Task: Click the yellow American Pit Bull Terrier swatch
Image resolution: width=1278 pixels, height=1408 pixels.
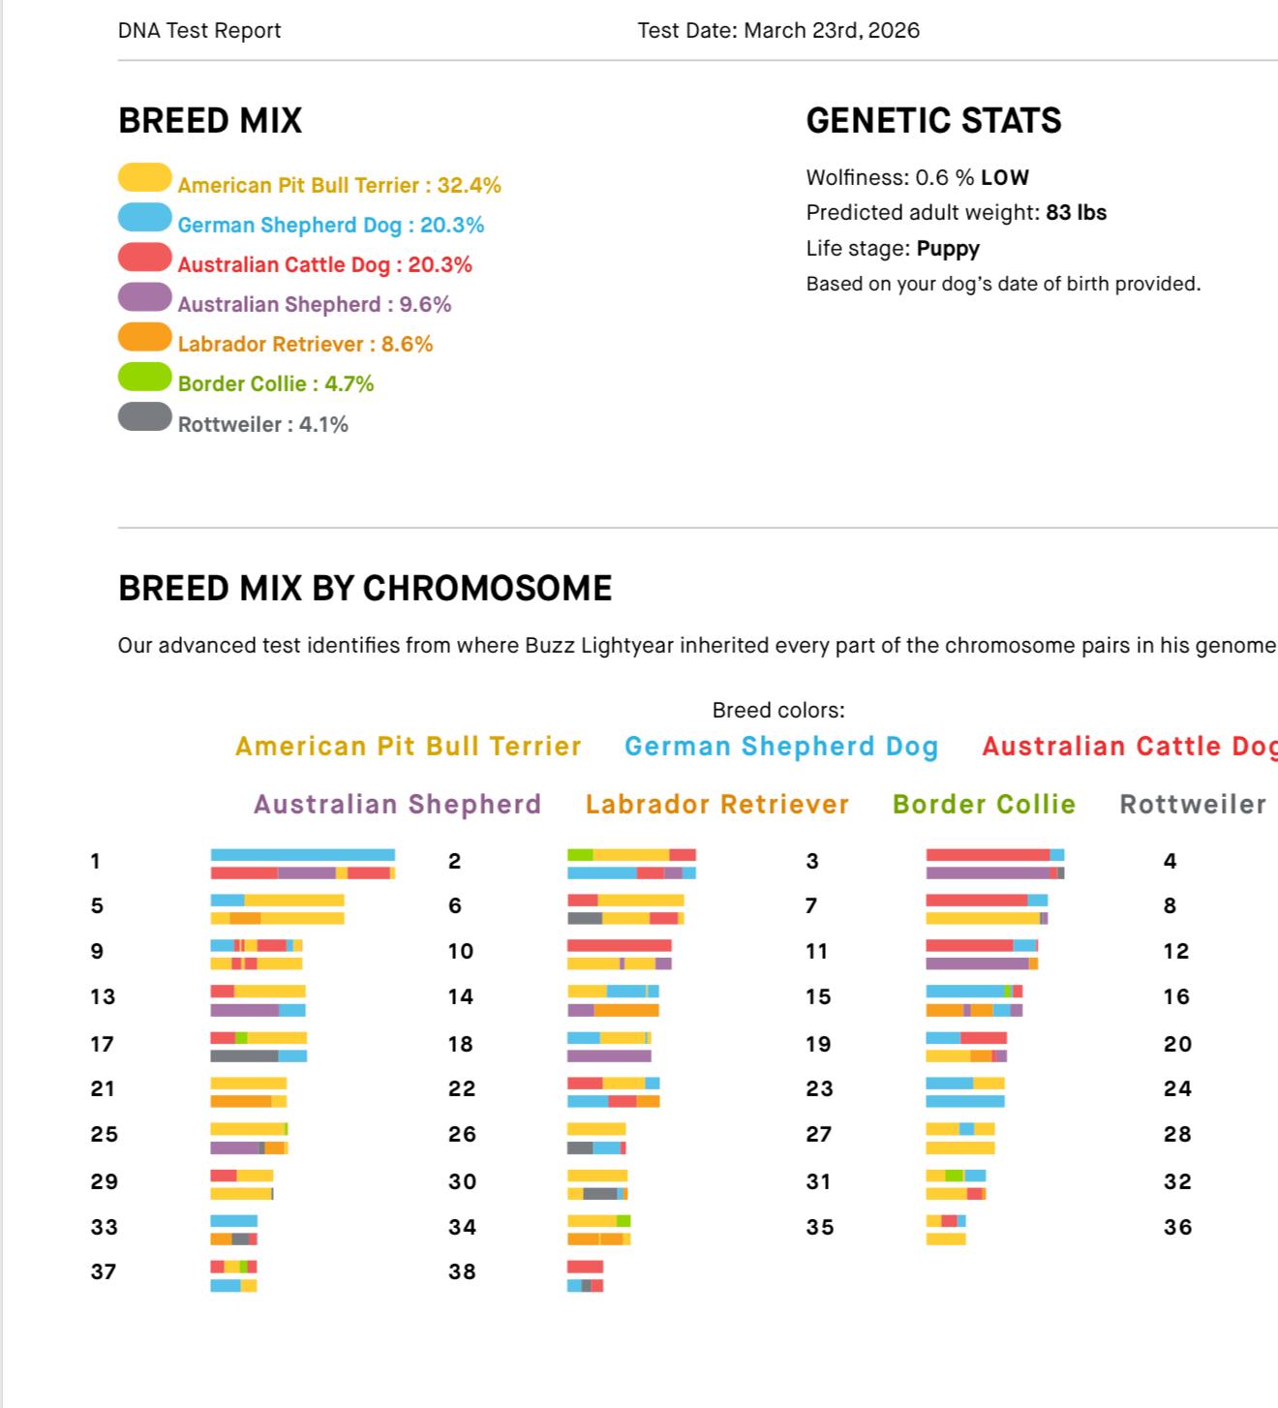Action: (x=144, y=177)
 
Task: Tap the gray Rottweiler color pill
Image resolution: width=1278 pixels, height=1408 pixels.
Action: (x=144, y=416)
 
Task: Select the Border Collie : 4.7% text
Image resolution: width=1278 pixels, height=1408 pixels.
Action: (x=276, y=383)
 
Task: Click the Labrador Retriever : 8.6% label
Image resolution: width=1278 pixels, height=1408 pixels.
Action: (x=305, y=344)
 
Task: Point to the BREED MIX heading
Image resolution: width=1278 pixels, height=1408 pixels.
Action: (x=210, y=121)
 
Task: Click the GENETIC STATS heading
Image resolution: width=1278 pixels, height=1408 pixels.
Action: (x=933, y=121)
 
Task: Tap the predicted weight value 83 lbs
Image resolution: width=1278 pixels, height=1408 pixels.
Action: (x=1076, y=213)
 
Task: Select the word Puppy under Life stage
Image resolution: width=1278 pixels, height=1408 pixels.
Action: (x=948, y=249)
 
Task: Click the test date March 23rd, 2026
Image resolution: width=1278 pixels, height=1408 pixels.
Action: (x=831, y=30)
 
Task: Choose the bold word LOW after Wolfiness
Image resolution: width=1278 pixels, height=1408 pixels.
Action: (x=1004, y=178)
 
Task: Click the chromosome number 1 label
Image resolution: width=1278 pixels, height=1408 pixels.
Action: (x=95, y=861)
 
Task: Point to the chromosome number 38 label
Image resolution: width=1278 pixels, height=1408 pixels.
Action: (x=462, y=1271)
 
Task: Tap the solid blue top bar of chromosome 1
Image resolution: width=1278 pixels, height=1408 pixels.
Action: (x=302, y=855)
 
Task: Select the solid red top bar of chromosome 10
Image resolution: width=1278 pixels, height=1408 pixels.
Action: (x=619, y=945)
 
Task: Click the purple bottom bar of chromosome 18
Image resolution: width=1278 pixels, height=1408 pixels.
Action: (x=608, y=1056)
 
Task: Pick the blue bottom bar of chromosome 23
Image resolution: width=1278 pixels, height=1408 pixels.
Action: (x=964, y=1101)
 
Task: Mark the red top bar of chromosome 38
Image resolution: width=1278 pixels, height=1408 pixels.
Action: (x=585, y=1267)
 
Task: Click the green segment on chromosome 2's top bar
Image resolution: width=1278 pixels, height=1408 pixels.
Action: (x=580, y=855)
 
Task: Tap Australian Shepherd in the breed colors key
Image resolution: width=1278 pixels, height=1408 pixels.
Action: (x=397, y=805)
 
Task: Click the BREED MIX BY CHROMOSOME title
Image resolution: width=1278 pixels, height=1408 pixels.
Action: (x=364, y=589)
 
